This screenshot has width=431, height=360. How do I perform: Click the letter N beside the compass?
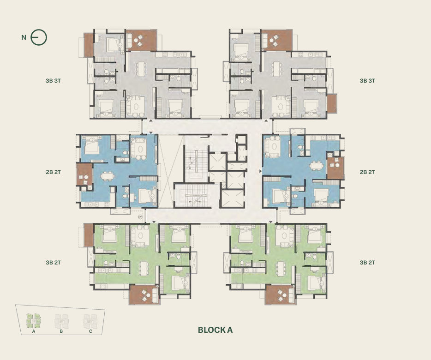point(24,37)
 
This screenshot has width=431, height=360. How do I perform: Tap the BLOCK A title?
point(215,330)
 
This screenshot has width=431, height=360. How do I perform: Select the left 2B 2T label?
point(53,172)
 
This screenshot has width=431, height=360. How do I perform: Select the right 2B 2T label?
point(367,172)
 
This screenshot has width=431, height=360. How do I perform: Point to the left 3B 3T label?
point(53,81)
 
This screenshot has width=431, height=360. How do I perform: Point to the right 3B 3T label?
point(367,81)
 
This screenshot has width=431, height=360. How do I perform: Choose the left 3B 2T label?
point(53,262)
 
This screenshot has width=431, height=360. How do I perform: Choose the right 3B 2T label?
point(367,262)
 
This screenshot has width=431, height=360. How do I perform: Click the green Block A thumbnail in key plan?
point(34,321)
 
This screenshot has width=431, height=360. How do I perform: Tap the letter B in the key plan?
point(61,331)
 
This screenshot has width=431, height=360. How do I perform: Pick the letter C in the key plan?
point(90,331)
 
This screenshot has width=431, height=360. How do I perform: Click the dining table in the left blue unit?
point(107,176)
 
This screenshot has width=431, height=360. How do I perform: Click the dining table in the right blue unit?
point(317,166)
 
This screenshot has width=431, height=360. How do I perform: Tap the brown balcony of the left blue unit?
point(84,174)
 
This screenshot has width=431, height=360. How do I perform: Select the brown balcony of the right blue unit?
point(335,168)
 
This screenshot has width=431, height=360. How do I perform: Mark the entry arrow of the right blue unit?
point(261,171)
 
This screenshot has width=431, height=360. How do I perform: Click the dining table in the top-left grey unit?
point(141,69)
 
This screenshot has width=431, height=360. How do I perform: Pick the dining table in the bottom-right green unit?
point(281,268)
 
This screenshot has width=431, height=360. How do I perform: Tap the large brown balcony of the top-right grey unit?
point(277,40)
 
